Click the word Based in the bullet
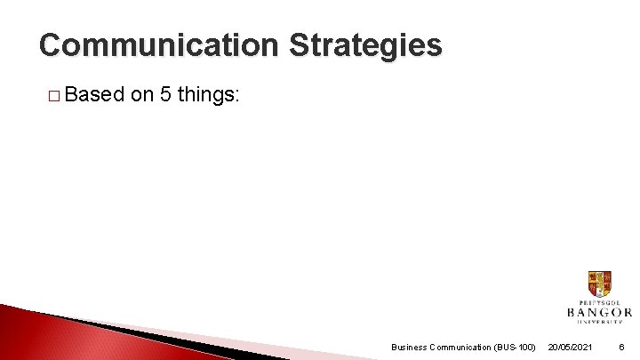93,94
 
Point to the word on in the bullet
142,94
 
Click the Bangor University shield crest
599,284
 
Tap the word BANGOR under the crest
599,312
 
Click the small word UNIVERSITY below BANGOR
599,322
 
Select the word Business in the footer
410,347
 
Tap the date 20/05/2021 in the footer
570,347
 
